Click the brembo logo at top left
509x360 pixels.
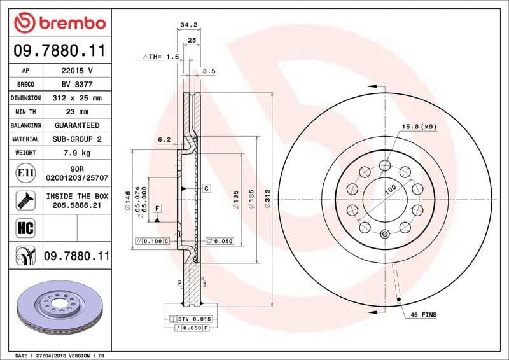pyautogui.click(x=59, y=24)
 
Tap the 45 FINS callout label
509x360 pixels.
pyautogui.click(x=423, y=315)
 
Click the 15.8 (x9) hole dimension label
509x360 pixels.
pyautogui.click(x=418, y=127)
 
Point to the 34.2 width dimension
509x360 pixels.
pyautogui.click(x=187, y=25)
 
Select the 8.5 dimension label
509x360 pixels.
pyautogui.click(x=209, y=72)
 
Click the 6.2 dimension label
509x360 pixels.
pyautogui.click(x=164, y=139)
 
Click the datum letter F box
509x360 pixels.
pyautogui.click(x=156, y=208)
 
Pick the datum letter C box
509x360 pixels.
pyautogui.click(x=207, y=189)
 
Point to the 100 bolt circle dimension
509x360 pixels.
pyautogui.click(x=390, y=188)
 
